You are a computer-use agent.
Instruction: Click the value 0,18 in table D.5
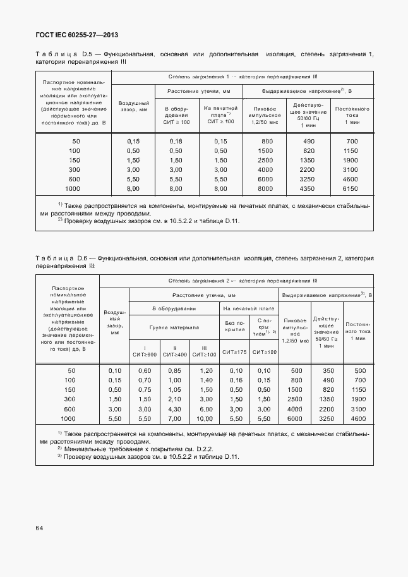point(176,141)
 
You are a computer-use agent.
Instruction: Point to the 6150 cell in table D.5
point(352,189)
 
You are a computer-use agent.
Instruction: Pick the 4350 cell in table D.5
point(308,189)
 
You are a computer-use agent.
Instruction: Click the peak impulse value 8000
point(267,189)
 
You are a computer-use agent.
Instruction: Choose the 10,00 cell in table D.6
point(204,419)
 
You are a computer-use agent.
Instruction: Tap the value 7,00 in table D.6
point(175,419)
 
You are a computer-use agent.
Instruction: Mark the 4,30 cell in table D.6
point(175,410)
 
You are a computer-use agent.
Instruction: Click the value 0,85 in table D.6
point(175,370)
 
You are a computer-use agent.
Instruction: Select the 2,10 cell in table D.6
point(175,399)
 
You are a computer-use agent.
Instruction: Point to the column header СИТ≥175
point(234,352)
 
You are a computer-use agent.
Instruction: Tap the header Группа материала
point(174,327)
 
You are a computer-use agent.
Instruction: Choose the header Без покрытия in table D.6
point(234,326)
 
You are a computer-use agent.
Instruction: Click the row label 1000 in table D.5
point(73,189)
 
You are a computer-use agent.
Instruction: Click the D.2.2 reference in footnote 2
point(203,449)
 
